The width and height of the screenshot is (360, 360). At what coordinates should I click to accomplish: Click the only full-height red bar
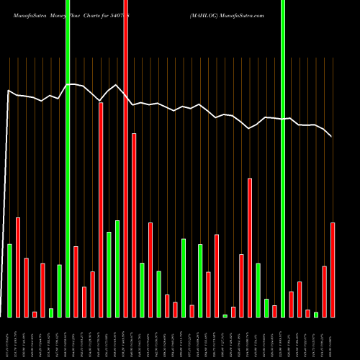pyautogui.click(x=125, y=158)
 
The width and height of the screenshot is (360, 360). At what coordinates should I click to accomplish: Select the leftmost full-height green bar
pyautogui.click(x=68, y=158)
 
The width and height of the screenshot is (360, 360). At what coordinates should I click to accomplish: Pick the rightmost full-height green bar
pyautogui.click(x=283, y=158)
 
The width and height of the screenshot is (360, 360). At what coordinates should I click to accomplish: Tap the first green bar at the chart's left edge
pyautogui.click(x=10, y=281)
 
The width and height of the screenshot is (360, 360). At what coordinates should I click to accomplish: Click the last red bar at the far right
pyautogui.click(x=333, y=270)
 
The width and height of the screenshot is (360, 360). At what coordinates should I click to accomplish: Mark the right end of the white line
pyautogui.click(x=331, y=136)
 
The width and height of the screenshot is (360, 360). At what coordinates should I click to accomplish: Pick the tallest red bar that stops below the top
pyautogui.click(x=121, y=209)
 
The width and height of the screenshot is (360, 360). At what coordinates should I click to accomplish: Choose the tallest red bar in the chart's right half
pyautogui.click(x=250, y=248)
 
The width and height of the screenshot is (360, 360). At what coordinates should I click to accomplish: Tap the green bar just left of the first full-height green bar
pyautogui.click(x=60, y=291)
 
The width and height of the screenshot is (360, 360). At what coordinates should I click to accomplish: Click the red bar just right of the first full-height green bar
pyautogui.click(x=76, y=282)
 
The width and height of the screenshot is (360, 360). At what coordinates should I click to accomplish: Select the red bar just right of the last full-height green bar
pyautogui.click(x=291, y=304)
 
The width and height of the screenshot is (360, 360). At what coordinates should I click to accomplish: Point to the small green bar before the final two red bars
pyautogui.click(x=316, y=314)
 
